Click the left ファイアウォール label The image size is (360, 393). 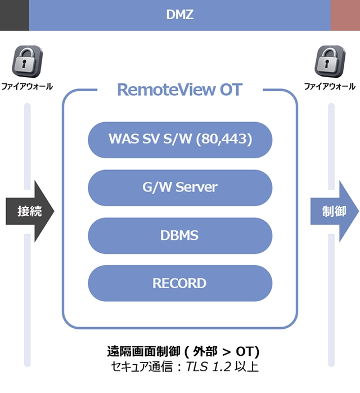click(x=27, y=87)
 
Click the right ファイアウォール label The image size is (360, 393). click(x=330, y=87)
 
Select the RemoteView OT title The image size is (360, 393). click(x=179, y=90)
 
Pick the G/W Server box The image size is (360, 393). click(x=180, y=187)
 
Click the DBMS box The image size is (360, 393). click(x=180, y=235)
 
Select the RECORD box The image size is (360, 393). click(x=180, y=283)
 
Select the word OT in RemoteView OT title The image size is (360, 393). click(x=231, y=90)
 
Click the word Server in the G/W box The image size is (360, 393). click(x=197, y=187)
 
